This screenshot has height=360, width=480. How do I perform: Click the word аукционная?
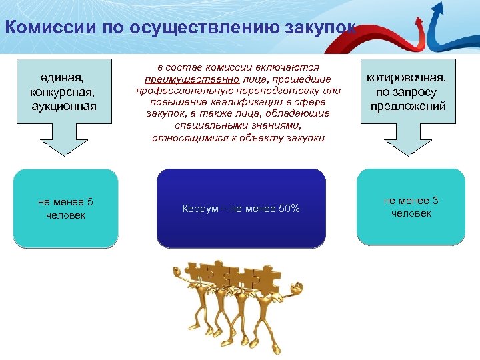coord(64,106)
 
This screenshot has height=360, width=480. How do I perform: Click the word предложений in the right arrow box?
coord(408,107)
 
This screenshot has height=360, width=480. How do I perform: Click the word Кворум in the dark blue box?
coord(198,209)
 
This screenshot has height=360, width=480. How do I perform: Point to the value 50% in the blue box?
coord(289,209)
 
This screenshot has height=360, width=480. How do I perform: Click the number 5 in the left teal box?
coord(90,202)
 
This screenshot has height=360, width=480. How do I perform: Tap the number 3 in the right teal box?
coord(435,201)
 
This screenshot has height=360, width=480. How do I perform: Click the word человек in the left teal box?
coord(65,215)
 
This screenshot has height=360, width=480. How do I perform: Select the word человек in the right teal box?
coord(411,213)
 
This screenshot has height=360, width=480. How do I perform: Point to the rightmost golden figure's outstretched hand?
coord(297,288)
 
